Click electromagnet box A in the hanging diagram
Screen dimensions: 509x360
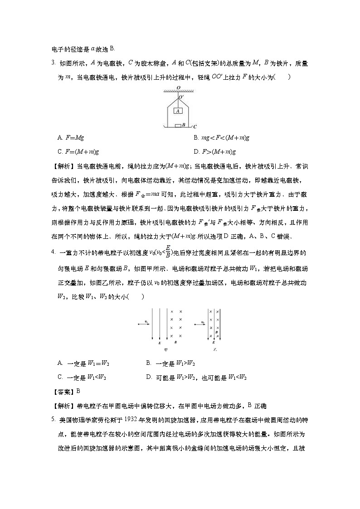coord(178,111)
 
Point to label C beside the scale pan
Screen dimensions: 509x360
coord(195,127)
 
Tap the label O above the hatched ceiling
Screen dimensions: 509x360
coord(178,87)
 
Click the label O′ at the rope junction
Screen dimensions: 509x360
coord(181,97)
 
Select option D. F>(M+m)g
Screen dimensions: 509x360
coord(214,151)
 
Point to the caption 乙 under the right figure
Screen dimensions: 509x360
coord(215,350)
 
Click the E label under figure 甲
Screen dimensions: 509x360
coord(160,344)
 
